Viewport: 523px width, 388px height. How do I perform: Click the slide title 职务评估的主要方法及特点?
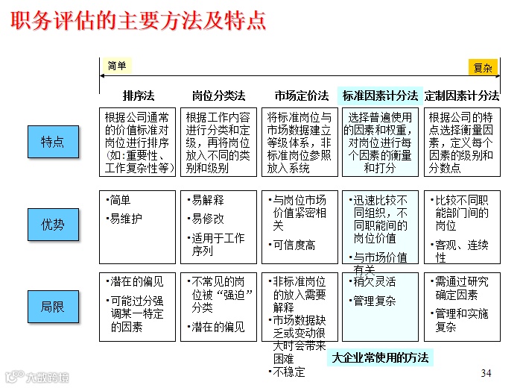click(139, 20)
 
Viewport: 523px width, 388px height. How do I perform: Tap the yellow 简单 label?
click(117, 66)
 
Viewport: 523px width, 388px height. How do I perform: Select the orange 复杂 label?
click(483, 68)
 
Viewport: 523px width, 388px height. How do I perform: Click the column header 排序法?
click(138, 96)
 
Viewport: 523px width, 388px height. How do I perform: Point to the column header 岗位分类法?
click(218, 96)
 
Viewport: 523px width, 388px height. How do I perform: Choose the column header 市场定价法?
click(300, 96)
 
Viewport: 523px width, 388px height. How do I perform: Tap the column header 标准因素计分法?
click(380, 96)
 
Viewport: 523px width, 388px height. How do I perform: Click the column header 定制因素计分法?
click(462, 96)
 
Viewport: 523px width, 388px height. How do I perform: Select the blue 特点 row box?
click(53, 142)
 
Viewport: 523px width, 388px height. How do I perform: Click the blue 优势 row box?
click(53, 224)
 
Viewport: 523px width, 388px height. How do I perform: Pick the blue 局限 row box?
click(53, 306)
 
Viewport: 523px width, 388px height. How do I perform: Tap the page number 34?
click(486, 372)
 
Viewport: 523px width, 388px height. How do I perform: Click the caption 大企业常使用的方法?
click(381, 357)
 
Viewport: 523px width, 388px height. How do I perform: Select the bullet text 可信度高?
click(294, 245)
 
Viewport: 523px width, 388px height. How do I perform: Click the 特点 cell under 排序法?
click(138, 143)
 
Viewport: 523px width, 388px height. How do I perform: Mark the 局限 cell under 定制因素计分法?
click(462, 307)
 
